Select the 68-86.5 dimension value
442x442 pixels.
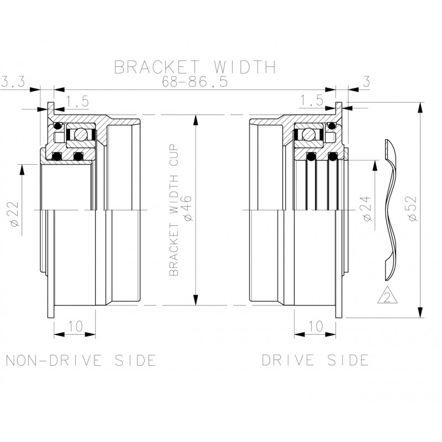(x=194, y=82)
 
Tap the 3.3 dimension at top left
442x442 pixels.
(x=12, y=82)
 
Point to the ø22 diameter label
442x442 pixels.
(x=15, y=212)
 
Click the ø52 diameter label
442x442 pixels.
(x=409, y=210)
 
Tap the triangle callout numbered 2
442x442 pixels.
(x=387, y=297)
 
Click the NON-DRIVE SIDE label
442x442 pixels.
(x=81, y=360)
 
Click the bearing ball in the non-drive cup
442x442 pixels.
(x=81, y=134)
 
